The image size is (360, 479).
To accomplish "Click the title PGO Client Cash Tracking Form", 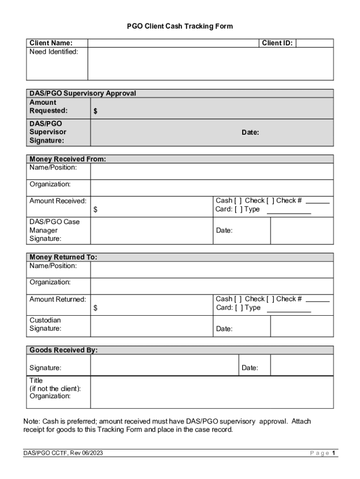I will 180,26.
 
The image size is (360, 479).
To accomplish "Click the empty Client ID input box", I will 315,43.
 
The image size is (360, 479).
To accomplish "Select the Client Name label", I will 51,43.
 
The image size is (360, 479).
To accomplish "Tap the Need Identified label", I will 54,51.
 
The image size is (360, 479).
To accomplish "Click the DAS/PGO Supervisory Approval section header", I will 83,93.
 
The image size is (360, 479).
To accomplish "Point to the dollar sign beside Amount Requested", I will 95,111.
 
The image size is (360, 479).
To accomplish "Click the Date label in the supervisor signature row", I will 250,132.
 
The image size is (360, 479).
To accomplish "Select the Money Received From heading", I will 68,159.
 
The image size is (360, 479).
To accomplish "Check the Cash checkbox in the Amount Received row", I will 238,201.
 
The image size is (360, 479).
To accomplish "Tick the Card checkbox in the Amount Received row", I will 238,209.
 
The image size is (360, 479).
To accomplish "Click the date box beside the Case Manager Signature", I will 302,231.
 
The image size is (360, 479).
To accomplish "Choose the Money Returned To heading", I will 63,257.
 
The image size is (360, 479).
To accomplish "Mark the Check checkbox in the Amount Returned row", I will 270,299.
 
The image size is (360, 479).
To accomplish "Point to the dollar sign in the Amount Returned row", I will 95,308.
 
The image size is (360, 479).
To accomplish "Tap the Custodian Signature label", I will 45,324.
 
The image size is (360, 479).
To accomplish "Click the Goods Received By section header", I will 64,350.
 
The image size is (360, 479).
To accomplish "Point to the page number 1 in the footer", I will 334,453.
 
